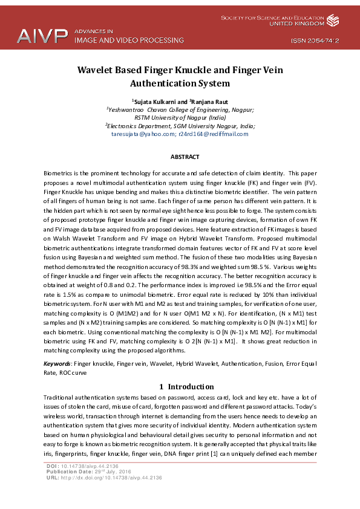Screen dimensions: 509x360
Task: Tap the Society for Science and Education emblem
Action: click(x=333, y=21)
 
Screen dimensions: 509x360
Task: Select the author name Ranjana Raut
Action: click(x=209, y=102)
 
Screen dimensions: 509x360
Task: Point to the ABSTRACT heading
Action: click(x=185, y=157)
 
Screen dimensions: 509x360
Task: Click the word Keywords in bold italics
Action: click(x=57, y=364)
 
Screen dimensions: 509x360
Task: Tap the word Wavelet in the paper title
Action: click(x=97, y=70)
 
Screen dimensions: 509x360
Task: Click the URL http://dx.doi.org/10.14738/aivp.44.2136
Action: click(x=111, y=478)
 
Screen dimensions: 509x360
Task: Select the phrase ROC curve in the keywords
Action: click(x=73, y=372)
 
